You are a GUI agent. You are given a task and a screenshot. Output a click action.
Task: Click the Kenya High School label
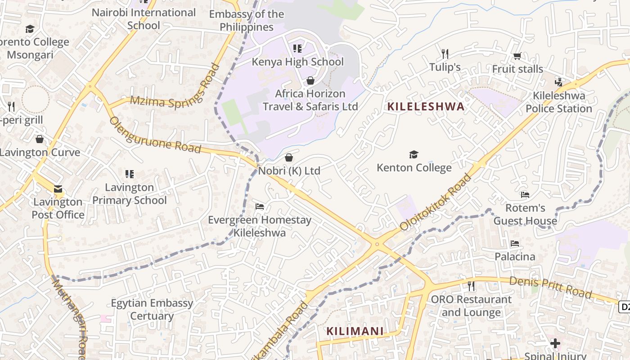pos(297,62)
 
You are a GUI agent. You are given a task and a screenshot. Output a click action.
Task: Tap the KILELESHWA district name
pos(426,107)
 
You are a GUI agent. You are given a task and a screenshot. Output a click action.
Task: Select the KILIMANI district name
pos(355,332)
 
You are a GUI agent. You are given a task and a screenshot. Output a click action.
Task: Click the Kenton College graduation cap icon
pos(414,155)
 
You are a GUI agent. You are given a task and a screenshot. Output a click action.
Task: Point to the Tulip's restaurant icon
pos(445,54)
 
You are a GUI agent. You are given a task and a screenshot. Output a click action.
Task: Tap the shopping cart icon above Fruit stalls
pos(517,56)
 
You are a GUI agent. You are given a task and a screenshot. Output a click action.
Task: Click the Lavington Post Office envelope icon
pos(58,189)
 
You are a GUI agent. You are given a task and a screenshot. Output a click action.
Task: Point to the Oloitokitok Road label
pos(435,202)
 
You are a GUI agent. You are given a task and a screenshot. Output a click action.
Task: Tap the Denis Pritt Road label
pos(550,287)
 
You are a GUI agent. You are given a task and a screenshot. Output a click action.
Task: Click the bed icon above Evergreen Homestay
pos(260,207)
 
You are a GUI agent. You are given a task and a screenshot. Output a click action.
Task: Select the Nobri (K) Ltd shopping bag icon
pos(289,157)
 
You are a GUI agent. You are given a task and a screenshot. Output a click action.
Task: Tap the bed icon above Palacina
pos(515,243)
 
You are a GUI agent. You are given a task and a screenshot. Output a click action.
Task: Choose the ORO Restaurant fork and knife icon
pos(471,286)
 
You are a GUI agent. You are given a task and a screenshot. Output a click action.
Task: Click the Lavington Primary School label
pos(130,193)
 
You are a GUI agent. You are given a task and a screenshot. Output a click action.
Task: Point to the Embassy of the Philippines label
pos(247,21)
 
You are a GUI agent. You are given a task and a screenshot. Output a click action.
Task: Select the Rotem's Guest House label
pos(525,214)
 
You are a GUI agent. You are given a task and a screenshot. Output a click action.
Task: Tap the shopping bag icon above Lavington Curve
pos(40,139)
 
